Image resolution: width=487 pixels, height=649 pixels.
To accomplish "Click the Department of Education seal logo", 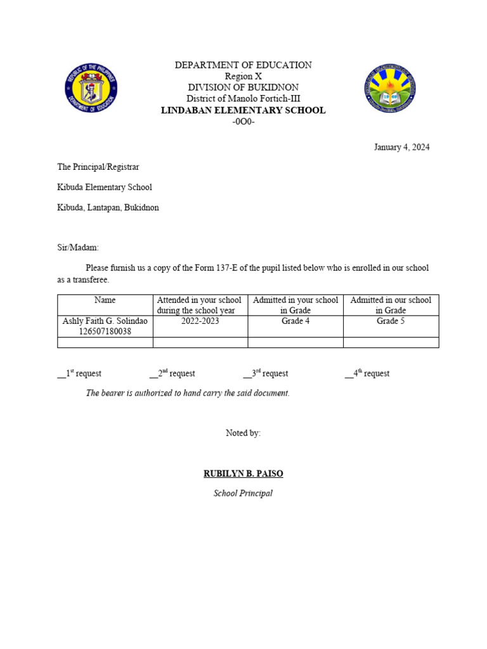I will coord(91,89).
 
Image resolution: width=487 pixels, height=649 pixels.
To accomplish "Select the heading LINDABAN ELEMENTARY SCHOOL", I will coord(243,110).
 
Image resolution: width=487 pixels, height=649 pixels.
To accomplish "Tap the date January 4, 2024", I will coord(401,147).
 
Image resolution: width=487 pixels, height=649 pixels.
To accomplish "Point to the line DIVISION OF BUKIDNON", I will coord(243,87).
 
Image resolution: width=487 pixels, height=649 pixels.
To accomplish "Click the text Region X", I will coord(243,76).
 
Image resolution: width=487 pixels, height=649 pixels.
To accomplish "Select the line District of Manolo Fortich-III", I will coord(243,99).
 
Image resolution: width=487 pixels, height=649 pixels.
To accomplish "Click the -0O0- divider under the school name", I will coord(243,122).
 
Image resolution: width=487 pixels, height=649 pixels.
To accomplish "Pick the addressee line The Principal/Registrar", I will coord(98,167).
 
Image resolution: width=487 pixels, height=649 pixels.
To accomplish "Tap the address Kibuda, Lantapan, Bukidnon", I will coord(108,208).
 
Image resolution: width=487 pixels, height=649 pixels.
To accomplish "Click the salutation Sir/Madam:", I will coord(78,248).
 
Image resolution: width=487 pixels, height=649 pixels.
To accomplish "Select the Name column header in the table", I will coord(105,300).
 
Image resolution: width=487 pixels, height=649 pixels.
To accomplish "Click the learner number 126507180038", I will coord(105,331).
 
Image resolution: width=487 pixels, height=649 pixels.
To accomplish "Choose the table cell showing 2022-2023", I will coord(200,321).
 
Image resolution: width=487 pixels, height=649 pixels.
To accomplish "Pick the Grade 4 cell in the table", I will coord(295,321).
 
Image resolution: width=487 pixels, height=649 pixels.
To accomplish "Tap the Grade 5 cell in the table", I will coord(391,321).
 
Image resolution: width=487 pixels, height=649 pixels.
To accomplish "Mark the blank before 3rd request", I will coord(247,375).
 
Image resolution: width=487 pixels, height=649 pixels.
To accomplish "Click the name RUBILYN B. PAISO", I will coord(243,473).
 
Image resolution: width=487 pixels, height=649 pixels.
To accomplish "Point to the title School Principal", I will coord(243,493).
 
